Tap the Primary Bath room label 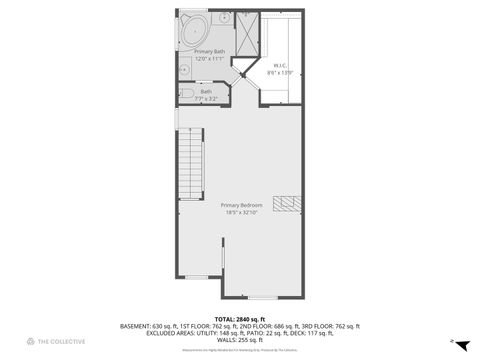tap(210, 50)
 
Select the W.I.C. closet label tap(280, 67)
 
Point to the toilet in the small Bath tap(186, 96)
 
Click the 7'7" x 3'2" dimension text tap(206, 99)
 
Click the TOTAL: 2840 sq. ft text tap(239, 319)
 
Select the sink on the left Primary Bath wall tap(184, 68)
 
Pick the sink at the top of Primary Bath tap(222, 16)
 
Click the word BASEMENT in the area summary tap(135, 326)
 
